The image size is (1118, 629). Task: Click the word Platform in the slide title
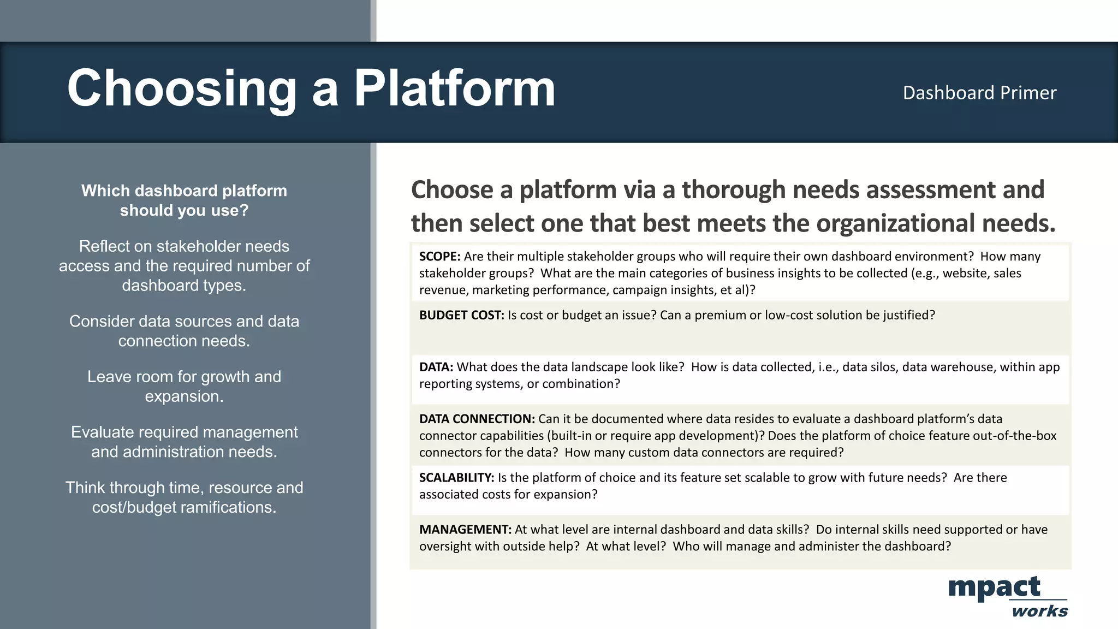454,88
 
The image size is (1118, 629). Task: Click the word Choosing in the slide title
182,88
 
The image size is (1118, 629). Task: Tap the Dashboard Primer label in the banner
979,93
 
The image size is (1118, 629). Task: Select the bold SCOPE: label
439,257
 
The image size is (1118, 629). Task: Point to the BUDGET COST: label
461,315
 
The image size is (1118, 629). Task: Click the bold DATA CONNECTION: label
477,419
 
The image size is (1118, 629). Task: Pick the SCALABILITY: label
456,478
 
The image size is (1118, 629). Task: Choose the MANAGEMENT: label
465,530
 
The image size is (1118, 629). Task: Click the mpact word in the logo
994,588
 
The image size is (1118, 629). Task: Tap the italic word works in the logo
1039,611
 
